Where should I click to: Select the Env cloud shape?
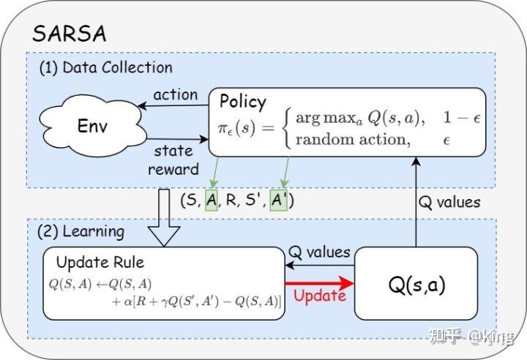pyautogui.click(x=93, y=125)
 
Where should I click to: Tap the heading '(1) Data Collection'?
pyautogui.click(x=106, y=67)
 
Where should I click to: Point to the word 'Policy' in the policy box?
pyautogui.click(x=243, y=101)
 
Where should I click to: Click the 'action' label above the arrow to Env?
pyautogui.click(x=175, y=94)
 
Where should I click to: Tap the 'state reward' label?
pyautogui.click(x=174, y=160)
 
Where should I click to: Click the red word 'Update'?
pyautogui.click(x=319, y=296)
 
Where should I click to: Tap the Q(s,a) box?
pyautogui.click(x=416, y=284)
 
